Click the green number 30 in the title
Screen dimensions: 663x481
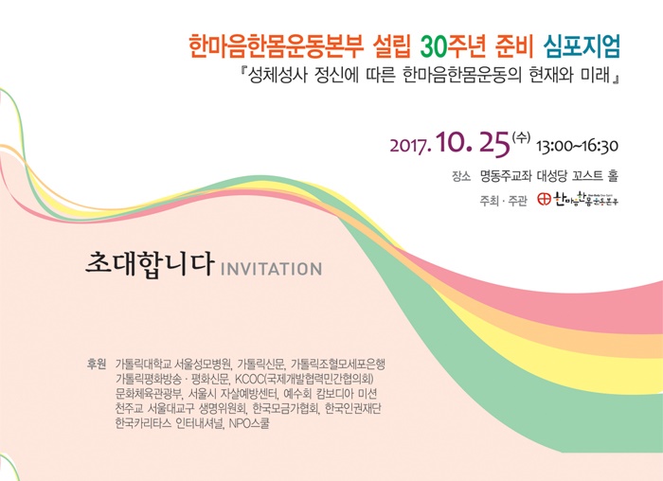click(x=435, y=46)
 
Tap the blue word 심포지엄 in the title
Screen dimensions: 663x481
click(x=582, y=45)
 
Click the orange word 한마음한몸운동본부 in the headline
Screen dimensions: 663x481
click(x=276, y=46)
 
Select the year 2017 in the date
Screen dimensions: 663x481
click(x=410, y=146)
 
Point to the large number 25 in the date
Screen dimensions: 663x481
click(x=494, y=144)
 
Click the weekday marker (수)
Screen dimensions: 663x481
click(x=521, y=137)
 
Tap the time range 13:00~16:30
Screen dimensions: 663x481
click(x=577, y=146)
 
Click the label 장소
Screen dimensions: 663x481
click(x=461, y=177)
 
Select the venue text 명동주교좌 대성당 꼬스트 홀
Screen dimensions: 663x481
click(x=548, y=176)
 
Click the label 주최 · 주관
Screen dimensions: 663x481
click(x=503, y=201)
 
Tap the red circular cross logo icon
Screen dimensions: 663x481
click(x=545, y=199)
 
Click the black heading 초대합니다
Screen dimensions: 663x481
click(x=150, y=264)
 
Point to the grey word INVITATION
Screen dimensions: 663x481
click(x=272, y=269)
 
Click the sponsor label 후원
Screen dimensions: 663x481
click(x=96, y=364)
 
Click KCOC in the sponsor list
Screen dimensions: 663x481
click(x=249, y=379)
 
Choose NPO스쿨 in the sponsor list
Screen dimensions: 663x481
click(x=248, y=423)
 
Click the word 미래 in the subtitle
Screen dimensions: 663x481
click(x=595, y=75)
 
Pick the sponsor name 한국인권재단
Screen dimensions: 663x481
click(x=352, y=408)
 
